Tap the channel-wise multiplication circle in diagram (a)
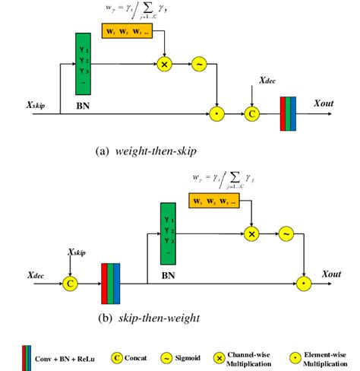click(x=163, y=64)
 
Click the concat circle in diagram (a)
click(x=251, y=115)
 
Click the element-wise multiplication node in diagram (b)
click(x=305, y=284)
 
